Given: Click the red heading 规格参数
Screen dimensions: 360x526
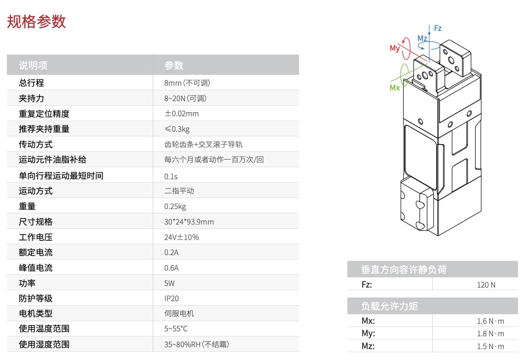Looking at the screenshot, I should (x=36, y=22).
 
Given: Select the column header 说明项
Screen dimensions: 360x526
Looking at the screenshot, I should (x=33, y=65).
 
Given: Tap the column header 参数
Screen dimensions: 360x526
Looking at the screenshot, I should (x=174, y=65).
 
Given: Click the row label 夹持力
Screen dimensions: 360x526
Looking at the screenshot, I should (x=31, y=98).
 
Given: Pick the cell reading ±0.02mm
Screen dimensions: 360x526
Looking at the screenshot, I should (x=181, y=114).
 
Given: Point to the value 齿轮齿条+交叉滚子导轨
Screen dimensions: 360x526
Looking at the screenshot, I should (x=203, y=145).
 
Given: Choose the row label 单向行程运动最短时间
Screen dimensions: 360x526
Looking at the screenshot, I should (x=61, y=176).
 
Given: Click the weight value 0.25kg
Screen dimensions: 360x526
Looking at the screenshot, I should (x=175, y=206).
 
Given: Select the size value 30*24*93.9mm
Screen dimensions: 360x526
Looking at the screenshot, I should (x=189, y=222).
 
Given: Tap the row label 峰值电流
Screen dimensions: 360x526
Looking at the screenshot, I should (x=35, y=268).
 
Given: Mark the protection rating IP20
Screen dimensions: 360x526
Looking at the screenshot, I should (x=171, y=298).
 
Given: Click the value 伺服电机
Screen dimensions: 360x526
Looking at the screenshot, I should (x=179, y=314).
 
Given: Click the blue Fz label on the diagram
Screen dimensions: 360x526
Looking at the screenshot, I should (x=438, y=28).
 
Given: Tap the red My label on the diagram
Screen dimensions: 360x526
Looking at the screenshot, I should (x=395, y=48).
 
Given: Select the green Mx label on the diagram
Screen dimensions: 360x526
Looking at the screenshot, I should (x=395, y=88).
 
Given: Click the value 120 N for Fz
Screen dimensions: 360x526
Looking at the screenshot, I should (x=486, y=285).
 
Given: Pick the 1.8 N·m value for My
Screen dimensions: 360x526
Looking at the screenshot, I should (x=490, y=334).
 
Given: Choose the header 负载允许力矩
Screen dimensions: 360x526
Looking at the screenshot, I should (x=389, y=306).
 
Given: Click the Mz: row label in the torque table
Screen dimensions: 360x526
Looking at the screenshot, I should (x=368, y=346).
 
